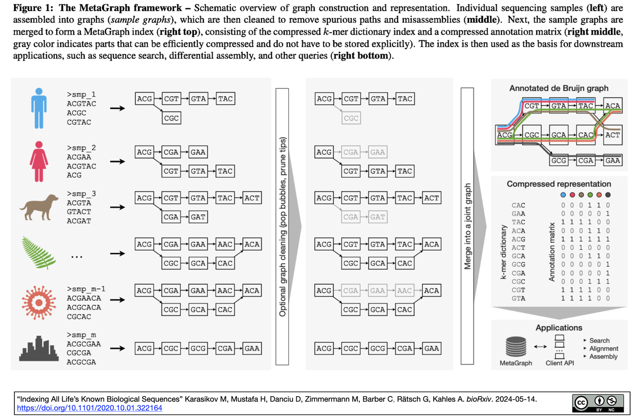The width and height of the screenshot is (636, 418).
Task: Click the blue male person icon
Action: (39, 108)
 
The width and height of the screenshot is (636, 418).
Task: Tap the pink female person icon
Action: (39, 161)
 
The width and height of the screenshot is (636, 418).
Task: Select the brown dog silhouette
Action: (39, 208)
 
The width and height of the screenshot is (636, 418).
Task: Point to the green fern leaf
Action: (39, 253)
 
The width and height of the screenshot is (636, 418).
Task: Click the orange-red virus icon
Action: (39, 303)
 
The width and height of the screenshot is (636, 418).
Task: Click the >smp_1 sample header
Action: (81, 94)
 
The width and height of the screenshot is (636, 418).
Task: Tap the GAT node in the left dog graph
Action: (198, 217)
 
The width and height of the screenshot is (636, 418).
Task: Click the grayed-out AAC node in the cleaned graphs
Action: (404, 291)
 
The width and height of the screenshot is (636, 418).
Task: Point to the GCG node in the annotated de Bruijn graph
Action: (558, 160)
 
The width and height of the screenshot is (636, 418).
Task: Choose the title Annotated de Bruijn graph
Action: (559, 88)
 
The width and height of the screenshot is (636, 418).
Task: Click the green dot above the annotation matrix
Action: (590, 195)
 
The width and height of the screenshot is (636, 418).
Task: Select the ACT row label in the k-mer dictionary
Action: (518, 248)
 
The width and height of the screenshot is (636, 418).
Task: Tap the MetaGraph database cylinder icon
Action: (516, 347)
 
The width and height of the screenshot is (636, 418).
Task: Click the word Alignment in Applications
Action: (604, 348)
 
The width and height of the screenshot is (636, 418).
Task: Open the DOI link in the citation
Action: (89, 408)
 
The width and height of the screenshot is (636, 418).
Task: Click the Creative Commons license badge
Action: (598, 403)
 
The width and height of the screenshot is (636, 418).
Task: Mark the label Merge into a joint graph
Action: (468, 226)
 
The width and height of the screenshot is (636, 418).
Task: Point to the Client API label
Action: (559, 363)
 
